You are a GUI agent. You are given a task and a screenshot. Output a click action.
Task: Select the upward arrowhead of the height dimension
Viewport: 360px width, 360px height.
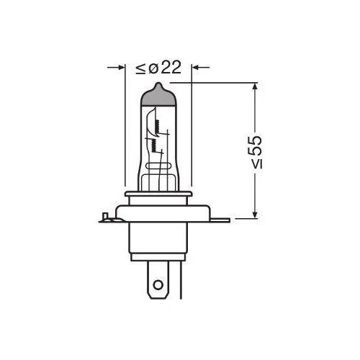pos(256,87)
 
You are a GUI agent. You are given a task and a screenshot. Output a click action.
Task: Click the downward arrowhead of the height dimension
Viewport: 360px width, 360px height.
pos(256,214)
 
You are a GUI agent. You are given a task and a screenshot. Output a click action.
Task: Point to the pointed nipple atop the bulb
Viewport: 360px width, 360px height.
pos(158,86)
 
